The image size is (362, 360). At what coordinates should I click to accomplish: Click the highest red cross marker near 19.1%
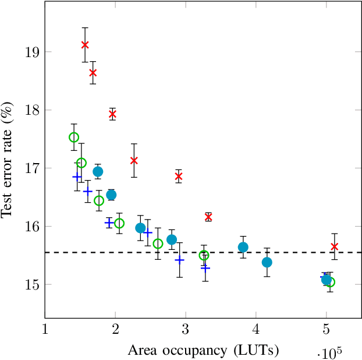pyautogui.click(x=85, y=45)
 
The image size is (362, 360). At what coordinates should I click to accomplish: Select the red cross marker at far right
pyautogui.click(x=334, y=246)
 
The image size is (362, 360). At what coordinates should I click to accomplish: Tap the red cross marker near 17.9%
pyautogui.click(x=112, y=114)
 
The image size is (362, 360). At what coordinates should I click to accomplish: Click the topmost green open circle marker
pyautogui.click(x=74, y=137)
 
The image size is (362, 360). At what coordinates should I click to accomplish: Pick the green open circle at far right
pyautogui.click(x=330, y=283)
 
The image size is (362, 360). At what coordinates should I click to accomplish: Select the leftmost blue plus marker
pyautogui.click(x=77, y=177)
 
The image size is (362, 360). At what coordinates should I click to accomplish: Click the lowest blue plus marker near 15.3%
pyautogui.click(x=205, y=267)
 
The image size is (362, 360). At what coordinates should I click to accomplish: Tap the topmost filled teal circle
pyautogui.click(x=98, y=171)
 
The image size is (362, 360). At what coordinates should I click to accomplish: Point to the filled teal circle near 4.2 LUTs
pyautogui.click(x=267, y=262)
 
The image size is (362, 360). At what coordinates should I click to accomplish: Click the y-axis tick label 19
pyautogui.click(x=33, y=52)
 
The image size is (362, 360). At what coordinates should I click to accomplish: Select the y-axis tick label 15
pyautogui.click(x=33, y=285)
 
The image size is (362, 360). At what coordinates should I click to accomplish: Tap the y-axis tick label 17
pyautogui.click(x=33, y=168)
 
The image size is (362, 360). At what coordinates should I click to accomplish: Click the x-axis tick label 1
pyautogui.click(x=45, y=330)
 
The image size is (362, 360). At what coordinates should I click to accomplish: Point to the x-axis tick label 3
pyautogui.click(x=186, y=330)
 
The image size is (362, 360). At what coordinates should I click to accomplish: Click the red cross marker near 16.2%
pyautogui.click(x=208, y=217)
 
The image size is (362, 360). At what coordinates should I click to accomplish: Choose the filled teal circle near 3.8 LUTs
pyautogui.click(x=243, y=247)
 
